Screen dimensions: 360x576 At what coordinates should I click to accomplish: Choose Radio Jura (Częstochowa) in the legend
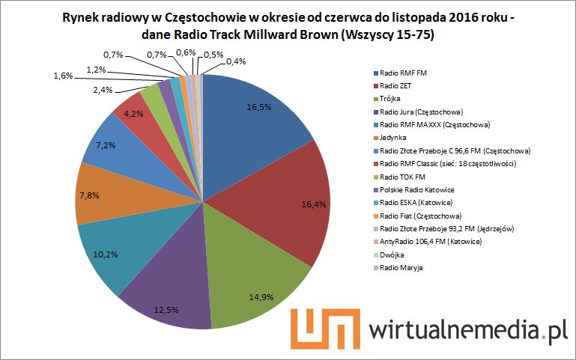pos(421,112)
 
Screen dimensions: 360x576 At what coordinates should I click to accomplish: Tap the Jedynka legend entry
pos(395,137)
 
